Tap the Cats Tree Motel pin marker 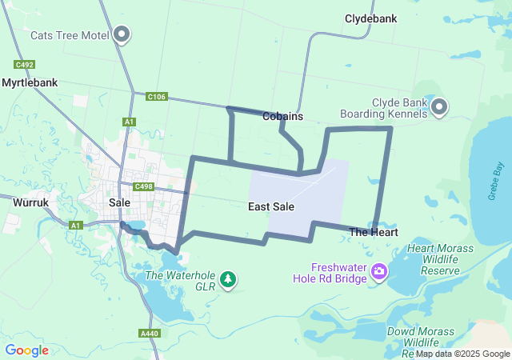coord(122,34)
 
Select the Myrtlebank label coord(30,82)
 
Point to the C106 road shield coord(156,97)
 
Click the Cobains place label coord(282,116)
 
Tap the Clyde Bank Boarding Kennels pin coord(439,107)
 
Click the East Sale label coord(271,206)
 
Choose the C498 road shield coord(143,187)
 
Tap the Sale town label coord(119,203)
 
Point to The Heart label coord(374,232)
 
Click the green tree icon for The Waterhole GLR coord(229,278)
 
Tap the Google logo coord(26,350)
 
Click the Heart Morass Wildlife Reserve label coord(433,259)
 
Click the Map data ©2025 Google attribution coord(462,354)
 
